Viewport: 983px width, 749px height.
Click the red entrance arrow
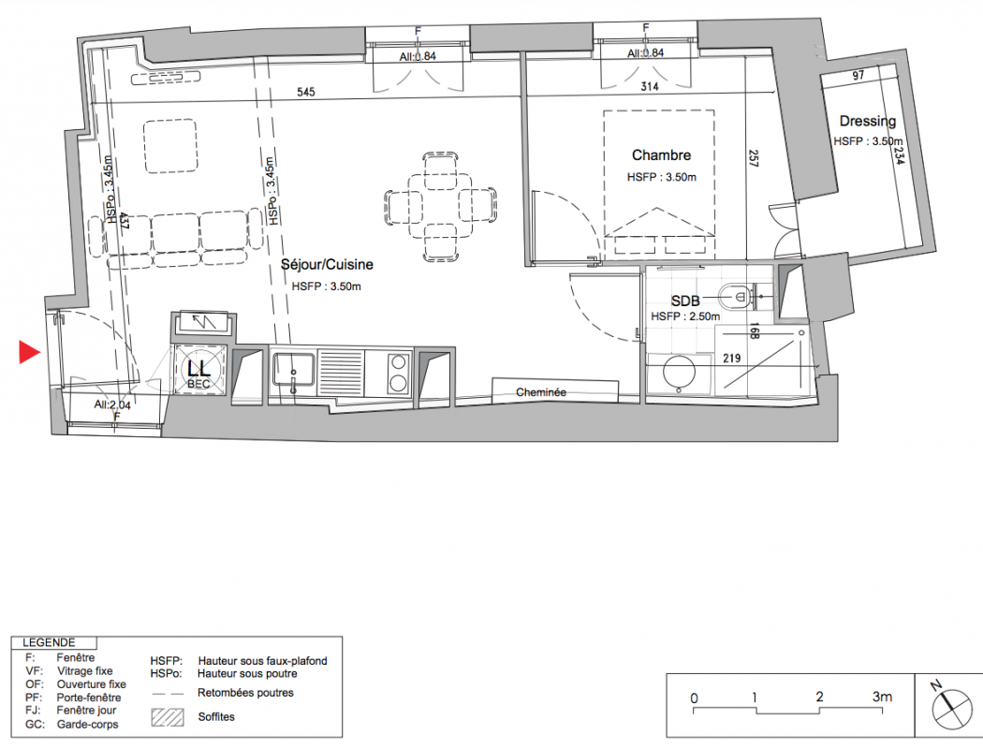click(29, 352)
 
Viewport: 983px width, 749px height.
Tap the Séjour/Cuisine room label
click(328, 265)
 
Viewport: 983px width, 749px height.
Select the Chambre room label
click(661, 154)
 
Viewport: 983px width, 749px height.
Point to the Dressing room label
click(868, 121)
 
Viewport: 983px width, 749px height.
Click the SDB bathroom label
click(685, 301)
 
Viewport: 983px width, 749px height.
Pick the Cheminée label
click(541, 392)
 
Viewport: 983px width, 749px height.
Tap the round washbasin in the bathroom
click(680, 374)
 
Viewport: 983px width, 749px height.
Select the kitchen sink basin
click(293, 370)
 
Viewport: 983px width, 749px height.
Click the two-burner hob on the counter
click(398, 373)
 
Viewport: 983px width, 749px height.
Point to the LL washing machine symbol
click(198, 371)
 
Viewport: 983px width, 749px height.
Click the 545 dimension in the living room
click(306, 92)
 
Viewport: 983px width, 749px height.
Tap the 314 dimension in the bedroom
click(650, 86)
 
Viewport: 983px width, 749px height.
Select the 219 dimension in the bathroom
click(731, 359)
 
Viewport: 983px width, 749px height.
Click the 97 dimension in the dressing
click(858, 76)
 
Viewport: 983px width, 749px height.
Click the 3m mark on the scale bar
click(882, 697)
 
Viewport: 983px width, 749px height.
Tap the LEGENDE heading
click(49, 642)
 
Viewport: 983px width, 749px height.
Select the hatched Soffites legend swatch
click(168, 718)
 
